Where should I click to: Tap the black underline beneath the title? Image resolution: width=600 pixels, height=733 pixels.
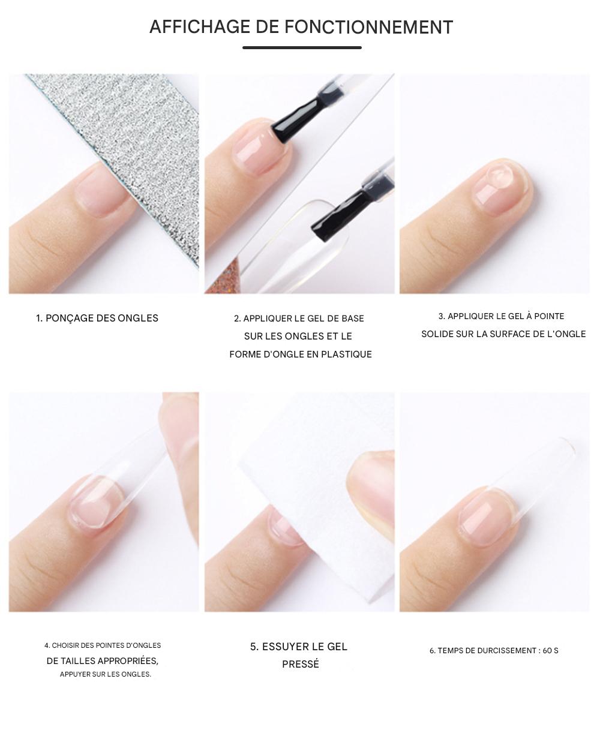coord(302,47)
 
